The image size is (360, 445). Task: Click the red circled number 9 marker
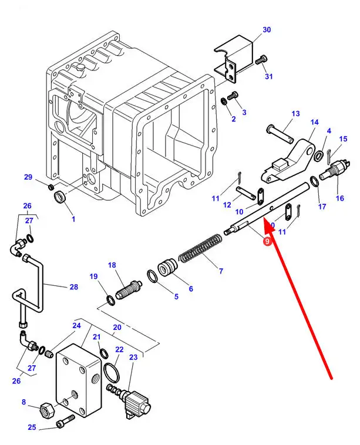tap(267, 241)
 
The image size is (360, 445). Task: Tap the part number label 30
tap(267, 29)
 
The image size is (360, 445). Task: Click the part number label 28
tap(73, 287)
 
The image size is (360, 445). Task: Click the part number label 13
tap(295, 114)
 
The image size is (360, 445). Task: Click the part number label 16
tap(339, 198)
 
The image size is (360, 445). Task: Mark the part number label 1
tap(73, 220)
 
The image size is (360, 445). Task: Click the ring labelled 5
tap(152, 275)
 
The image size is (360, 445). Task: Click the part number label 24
tap(76, 326)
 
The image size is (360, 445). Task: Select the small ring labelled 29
tap(47, 187)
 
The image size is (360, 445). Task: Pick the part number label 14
tap(314, 122)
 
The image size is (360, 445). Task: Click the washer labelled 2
tap(225, 103)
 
